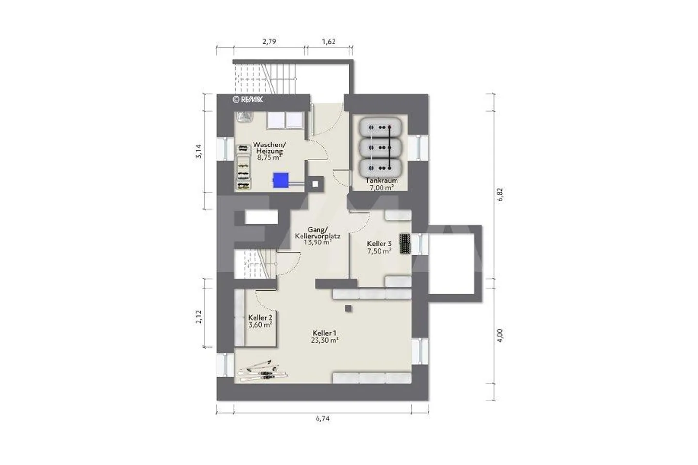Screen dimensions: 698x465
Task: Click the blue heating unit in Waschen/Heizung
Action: [x=281, y=180]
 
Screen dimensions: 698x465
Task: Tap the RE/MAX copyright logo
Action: [x=248, y=99]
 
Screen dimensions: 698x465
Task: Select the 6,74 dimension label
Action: [x=322, y=418]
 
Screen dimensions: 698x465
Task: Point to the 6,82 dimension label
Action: [x=500, y=195]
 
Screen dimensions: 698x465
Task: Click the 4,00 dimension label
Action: [x=500, y=336]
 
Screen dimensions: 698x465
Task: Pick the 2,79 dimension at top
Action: [x=269, y=41]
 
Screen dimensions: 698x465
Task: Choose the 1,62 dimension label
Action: [x=329, y=41]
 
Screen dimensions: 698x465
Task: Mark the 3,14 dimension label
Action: [x=199, y=151]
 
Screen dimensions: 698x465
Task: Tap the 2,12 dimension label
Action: [x=199, y=317]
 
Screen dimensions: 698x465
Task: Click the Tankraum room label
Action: [x=382, y=180]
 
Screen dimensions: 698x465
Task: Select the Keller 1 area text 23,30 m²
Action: [x=325, y=340]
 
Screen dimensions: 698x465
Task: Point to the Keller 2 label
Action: [x=260, y=318]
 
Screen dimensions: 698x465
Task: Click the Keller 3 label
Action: [x=379, y=244]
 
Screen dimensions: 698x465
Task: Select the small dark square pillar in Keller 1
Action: [x=349, y=308]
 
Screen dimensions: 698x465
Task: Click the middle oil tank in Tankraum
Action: [x=380, y=148]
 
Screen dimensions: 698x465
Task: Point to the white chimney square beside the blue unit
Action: [x=316, y=184]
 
